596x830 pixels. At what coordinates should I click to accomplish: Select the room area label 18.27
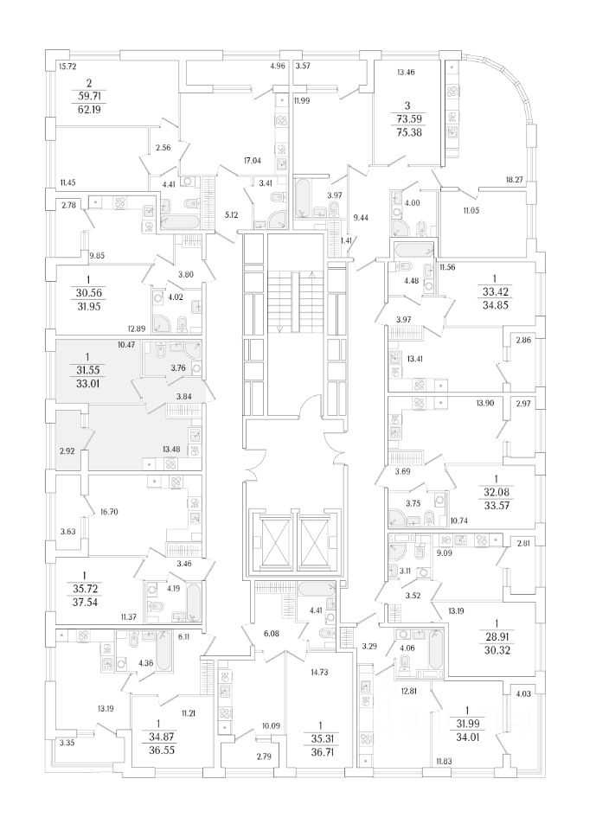pos(514,179)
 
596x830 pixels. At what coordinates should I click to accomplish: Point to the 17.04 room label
pos(253,160)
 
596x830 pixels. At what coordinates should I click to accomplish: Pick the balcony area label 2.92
pos(68,451)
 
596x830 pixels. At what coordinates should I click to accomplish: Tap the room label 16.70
pos(108,512)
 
